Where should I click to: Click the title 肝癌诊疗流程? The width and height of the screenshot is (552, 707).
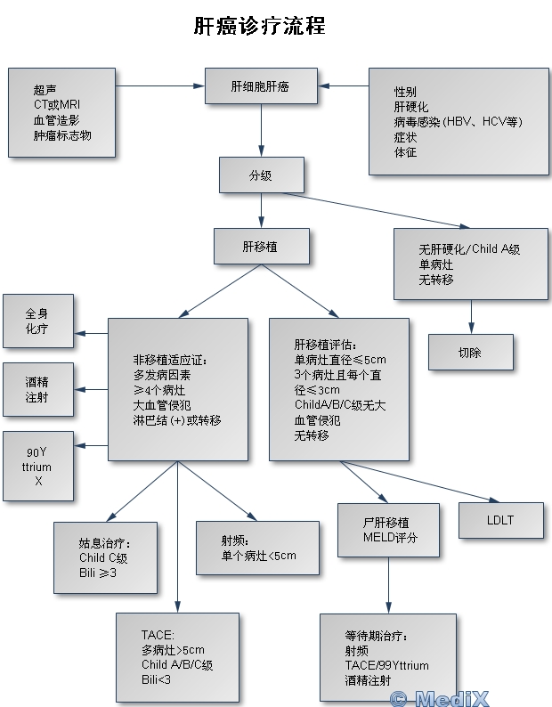coord(259,27)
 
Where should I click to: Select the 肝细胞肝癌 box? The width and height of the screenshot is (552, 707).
coord(261,87)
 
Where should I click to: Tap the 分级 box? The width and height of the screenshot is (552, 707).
coord(261,175)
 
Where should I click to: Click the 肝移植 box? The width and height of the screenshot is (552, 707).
coord(261,246)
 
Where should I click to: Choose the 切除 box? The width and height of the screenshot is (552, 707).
coord(470,352)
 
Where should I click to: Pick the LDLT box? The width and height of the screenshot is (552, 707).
coord(501,519)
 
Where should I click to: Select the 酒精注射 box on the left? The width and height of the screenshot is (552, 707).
coord(37,389)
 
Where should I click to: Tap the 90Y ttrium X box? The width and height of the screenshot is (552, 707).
coord(37,467)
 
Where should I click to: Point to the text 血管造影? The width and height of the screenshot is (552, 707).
coord(58,120)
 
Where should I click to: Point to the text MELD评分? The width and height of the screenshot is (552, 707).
coord(389,538)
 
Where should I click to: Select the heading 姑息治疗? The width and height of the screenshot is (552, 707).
coord(105,543)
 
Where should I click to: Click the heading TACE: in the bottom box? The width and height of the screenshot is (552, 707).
coord(158,634)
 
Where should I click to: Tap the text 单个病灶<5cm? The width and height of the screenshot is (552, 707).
coord(258,556)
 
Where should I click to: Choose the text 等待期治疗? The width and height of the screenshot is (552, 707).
coord(376,636)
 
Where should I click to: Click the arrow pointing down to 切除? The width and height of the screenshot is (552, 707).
coord(470,317)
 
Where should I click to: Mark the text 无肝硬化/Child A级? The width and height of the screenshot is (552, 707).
coord(469,249)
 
